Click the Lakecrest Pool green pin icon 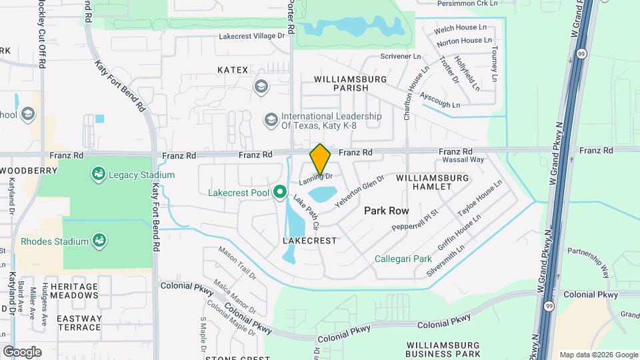click(x=280, y=193)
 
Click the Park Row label click(x=386, y=211)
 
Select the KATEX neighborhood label click(x=233, y=70)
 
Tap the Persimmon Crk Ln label click(x=467, y=3)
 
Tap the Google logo click(x=21, y=351)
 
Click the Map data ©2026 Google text click(x=599, y=355)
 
